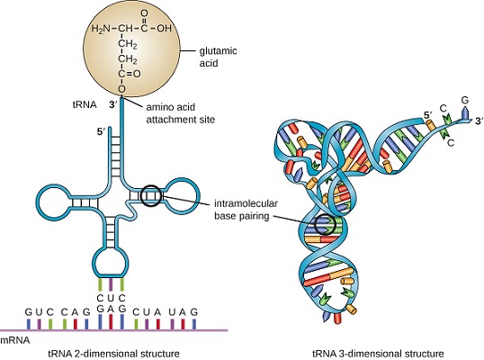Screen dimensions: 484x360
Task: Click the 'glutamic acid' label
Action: coord(218,57)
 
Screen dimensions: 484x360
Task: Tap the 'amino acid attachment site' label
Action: coord(180,113)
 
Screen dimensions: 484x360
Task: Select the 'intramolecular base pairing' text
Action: coord(246,210)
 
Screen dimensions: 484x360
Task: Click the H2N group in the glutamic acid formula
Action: coord(101,29)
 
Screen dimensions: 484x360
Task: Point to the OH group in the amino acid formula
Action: coord(164,29)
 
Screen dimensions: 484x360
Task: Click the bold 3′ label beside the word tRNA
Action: coord(113,105)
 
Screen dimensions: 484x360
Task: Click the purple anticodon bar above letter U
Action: coord(111,284)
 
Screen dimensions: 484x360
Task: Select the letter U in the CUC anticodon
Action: coord(111,298)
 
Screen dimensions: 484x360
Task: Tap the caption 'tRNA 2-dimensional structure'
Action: coord(114,354)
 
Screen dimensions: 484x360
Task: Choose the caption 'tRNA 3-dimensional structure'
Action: coord(378,354)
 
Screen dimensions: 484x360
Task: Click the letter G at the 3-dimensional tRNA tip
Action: coord(464,100)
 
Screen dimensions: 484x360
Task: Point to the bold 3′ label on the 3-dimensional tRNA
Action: coord(479,121)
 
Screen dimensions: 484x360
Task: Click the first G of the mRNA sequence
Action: coord(29,312)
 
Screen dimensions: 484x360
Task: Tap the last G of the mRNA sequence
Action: coord(193,312)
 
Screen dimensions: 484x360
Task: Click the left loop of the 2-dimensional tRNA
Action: coord(38,201)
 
